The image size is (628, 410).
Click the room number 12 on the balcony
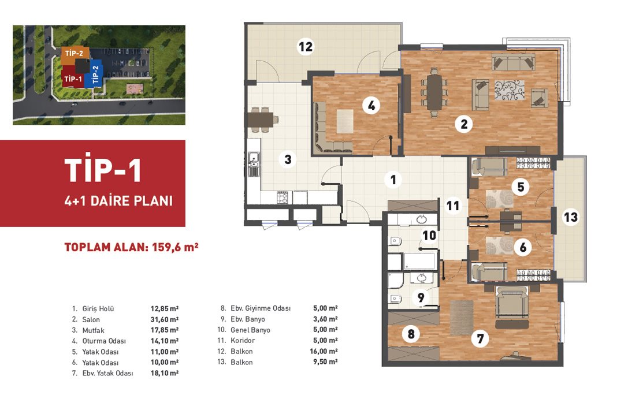pyautogui.click(x=306, y=46)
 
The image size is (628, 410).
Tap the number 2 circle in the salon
pyautogui.click(x=464, y=124)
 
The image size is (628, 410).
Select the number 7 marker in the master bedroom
pyautogui.click(x=480, y=339)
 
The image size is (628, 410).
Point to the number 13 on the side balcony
pyautogui.click(x=570, y=217)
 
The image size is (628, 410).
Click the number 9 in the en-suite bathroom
pyautogui.click(x=421, y=297)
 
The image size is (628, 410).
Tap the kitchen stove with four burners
pyautogui.click(x=283, y=197)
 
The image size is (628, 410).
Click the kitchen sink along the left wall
pyautogui.click(x=253, y=164)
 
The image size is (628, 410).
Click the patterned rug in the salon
pyautogui.click(x=509, y=90)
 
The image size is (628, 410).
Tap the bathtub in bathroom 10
pyautogui.click(x=420, y=260)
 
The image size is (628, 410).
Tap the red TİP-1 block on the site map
pyautogui.click(x=72, y=79)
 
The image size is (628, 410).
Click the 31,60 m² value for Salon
pyautogui.click(x=164, y=319)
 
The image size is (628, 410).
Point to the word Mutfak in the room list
pyautogui.click(x=94, y=330)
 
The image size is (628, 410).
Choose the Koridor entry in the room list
pyautogui.click(x=243, y=340)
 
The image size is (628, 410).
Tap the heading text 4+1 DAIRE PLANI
pyautogui.click(x=118, y=200)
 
